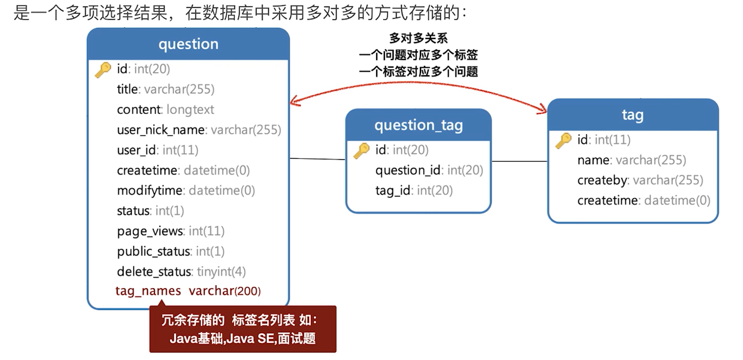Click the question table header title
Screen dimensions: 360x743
coord(188,44)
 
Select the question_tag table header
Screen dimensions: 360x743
coord(418,125)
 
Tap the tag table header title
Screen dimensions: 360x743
coord(632,115)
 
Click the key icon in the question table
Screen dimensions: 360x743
coord(103,69)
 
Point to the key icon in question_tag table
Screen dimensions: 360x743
coord(361,151)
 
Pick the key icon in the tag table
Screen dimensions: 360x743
coord(563,140)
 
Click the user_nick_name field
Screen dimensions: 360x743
coord(199,130)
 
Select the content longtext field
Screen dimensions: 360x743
coord(165,110)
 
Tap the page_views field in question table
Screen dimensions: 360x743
coord(170,231)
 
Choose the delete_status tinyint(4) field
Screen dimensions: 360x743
coord(181,271)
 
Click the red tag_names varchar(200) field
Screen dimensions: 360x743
coord(188,291)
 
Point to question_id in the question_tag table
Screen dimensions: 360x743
coord(429,170)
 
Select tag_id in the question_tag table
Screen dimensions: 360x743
coord(413,190)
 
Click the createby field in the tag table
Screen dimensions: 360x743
coord(640,180)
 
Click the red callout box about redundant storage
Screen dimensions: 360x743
coord(243,329)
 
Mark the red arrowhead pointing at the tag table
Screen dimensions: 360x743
coord(542,109)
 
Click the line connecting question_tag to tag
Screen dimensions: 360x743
coord(519,161)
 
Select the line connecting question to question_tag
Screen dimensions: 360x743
coord(317,159)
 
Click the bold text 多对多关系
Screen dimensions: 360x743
coord(418,39)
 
